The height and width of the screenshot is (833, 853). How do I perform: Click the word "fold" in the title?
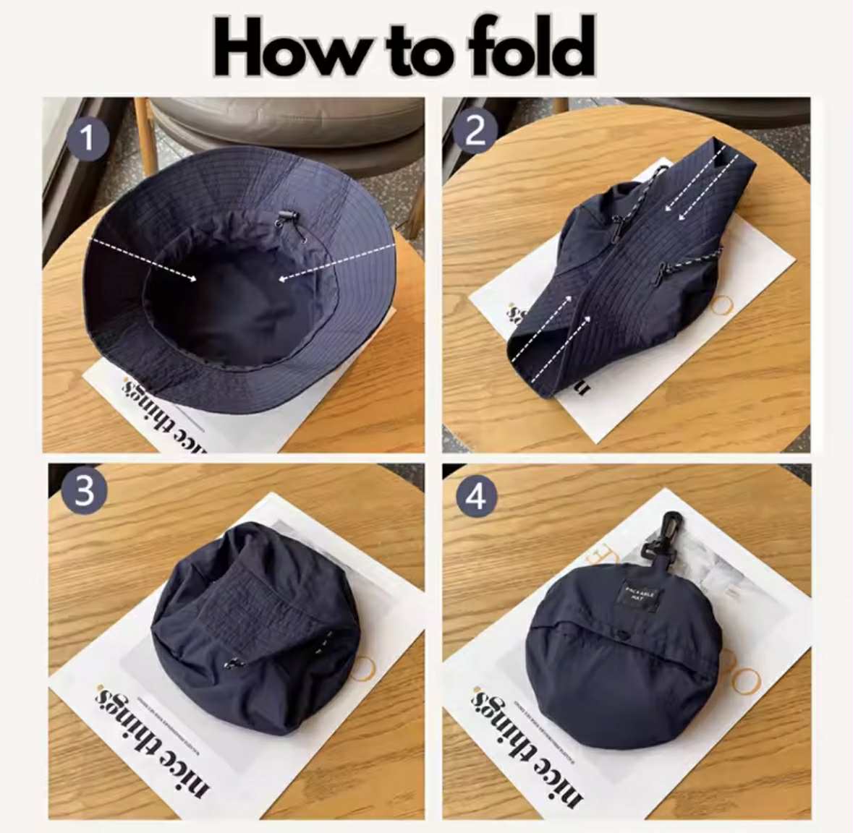(531, 47)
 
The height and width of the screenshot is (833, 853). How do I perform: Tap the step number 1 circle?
(88, 137)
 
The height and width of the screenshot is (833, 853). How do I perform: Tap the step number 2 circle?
(475, 132)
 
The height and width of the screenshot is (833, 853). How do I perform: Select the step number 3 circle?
(85, 491)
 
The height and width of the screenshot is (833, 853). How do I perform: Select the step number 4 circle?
(476, 497)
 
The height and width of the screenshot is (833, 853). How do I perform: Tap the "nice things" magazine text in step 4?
(527, 745)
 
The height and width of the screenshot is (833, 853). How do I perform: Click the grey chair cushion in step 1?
(289, 120)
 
